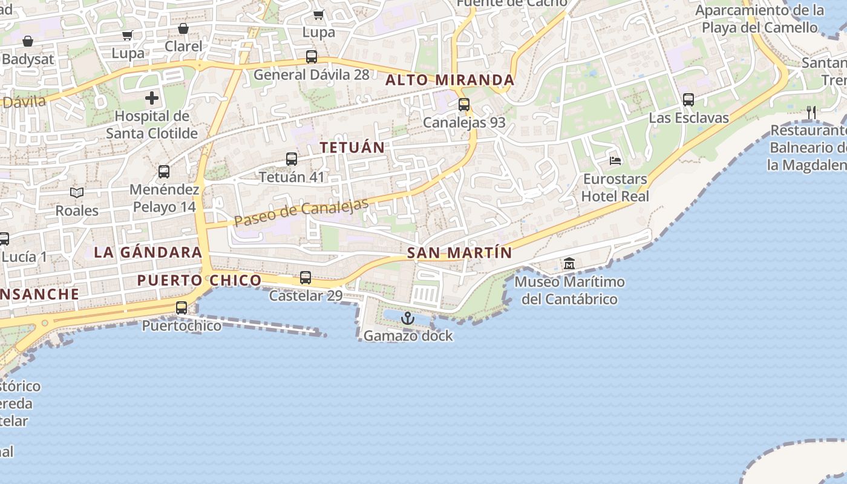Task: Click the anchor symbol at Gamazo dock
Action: (408, 318)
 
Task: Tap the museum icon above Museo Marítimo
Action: (569, 264)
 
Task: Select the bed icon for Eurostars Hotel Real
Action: (615, 161)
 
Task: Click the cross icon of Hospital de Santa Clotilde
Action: (152, 98)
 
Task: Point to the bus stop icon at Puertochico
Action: (181, 308)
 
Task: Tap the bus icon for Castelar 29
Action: (306, 278)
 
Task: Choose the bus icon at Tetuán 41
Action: (292, 160)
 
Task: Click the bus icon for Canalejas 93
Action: (464, 105)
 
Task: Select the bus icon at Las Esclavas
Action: (688, 100)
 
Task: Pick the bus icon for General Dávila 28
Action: (312, 57)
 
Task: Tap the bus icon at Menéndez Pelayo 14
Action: (164, 172)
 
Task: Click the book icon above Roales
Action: (77, 193)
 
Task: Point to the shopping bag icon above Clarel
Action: (183, 29)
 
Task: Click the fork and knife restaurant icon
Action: (811, 113)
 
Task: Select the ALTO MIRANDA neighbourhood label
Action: (450, 80)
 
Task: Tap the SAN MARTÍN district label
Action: (460, 253)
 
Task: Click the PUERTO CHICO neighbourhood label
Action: (199, 280)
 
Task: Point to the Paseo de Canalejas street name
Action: (301, 213)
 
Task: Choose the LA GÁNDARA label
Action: (148, 252)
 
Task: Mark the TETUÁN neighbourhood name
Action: (352, 148)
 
